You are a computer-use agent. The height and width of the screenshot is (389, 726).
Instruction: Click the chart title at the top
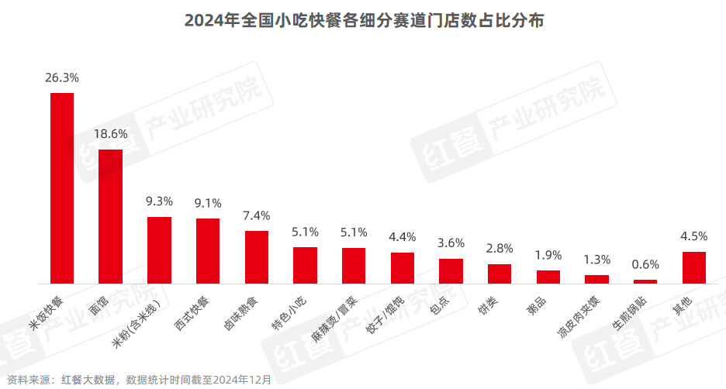click(x=363, y=21)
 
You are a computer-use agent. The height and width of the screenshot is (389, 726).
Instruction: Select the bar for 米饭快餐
click(x=62, y=188)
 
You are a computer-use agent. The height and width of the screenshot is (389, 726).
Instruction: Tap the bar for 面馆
click(x=111, y=216)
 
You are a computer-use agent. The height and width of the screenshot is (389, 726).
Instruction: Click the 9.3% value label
click(x=159, y=201)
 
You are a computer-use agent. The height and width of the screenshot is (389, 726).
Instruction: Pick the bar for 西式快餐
click(x=208, y=251)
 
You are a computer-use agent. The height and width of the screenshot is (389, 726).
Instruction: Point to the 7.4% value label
click(x=257, y=215)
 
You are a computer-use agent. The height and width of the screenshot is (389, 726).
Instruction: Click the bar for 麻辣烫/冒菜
click(x=354, y=266)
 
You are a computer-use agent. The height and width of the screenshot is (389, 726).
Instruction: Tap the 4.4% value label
click(x=403, y=236)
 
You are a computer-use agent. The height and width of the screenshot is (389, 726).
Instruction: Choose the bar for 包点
click(x=451, y=271)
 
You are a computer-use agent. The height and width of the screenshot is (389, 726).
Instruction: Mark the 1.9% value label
click(x=548, y=255)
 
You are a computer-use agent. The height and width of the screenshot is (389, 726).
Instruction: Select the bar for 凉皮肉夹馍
click(x=596, y=279)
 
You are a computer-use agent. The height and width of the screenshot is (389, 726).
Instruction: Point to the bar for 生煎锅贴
click(x=645, y=281)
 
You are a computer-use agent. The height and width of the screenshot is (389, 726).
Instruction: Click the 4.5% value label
click(x=694, y=236)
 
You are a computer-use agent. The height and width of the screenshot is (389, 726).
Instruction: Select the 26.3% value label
click(x=62, y=77)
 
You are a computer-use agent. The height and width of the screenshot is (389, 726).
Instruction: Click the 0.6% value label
click(x=645, y=264)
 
